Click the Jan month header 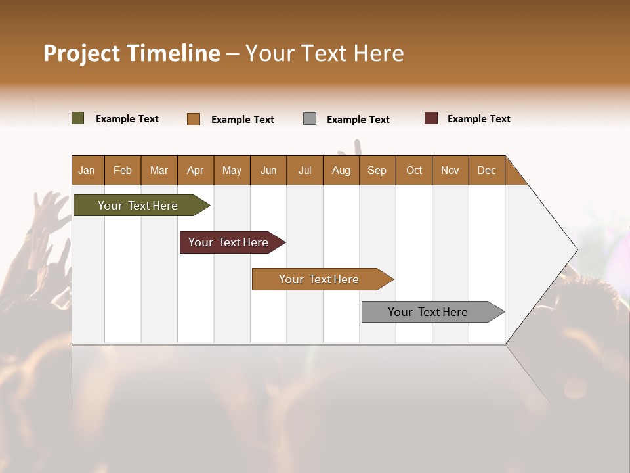tap(87, 171)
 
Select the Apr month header tap(195, 171)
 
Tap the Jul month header tap(304, 171)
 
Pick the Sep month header tap(377, 171)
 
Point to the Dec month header tap(486, 171)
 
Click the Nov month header tap(450, 171)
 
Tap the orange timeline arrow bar tap(320, 279)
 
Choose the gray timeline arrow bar tap(429, 312)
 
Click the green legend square tap(78, 118)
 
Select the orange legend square tap(194, 119)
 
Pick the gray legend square tap(310, 118)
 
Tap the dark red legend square tap(431, 118)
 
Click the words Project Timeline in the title tap(131, 53)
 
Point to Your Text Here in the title tap(324, 53)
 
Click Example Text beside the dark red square tap(478, 119)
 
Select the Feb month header tap(123, 171)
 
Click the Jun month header tap(268, 171)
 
